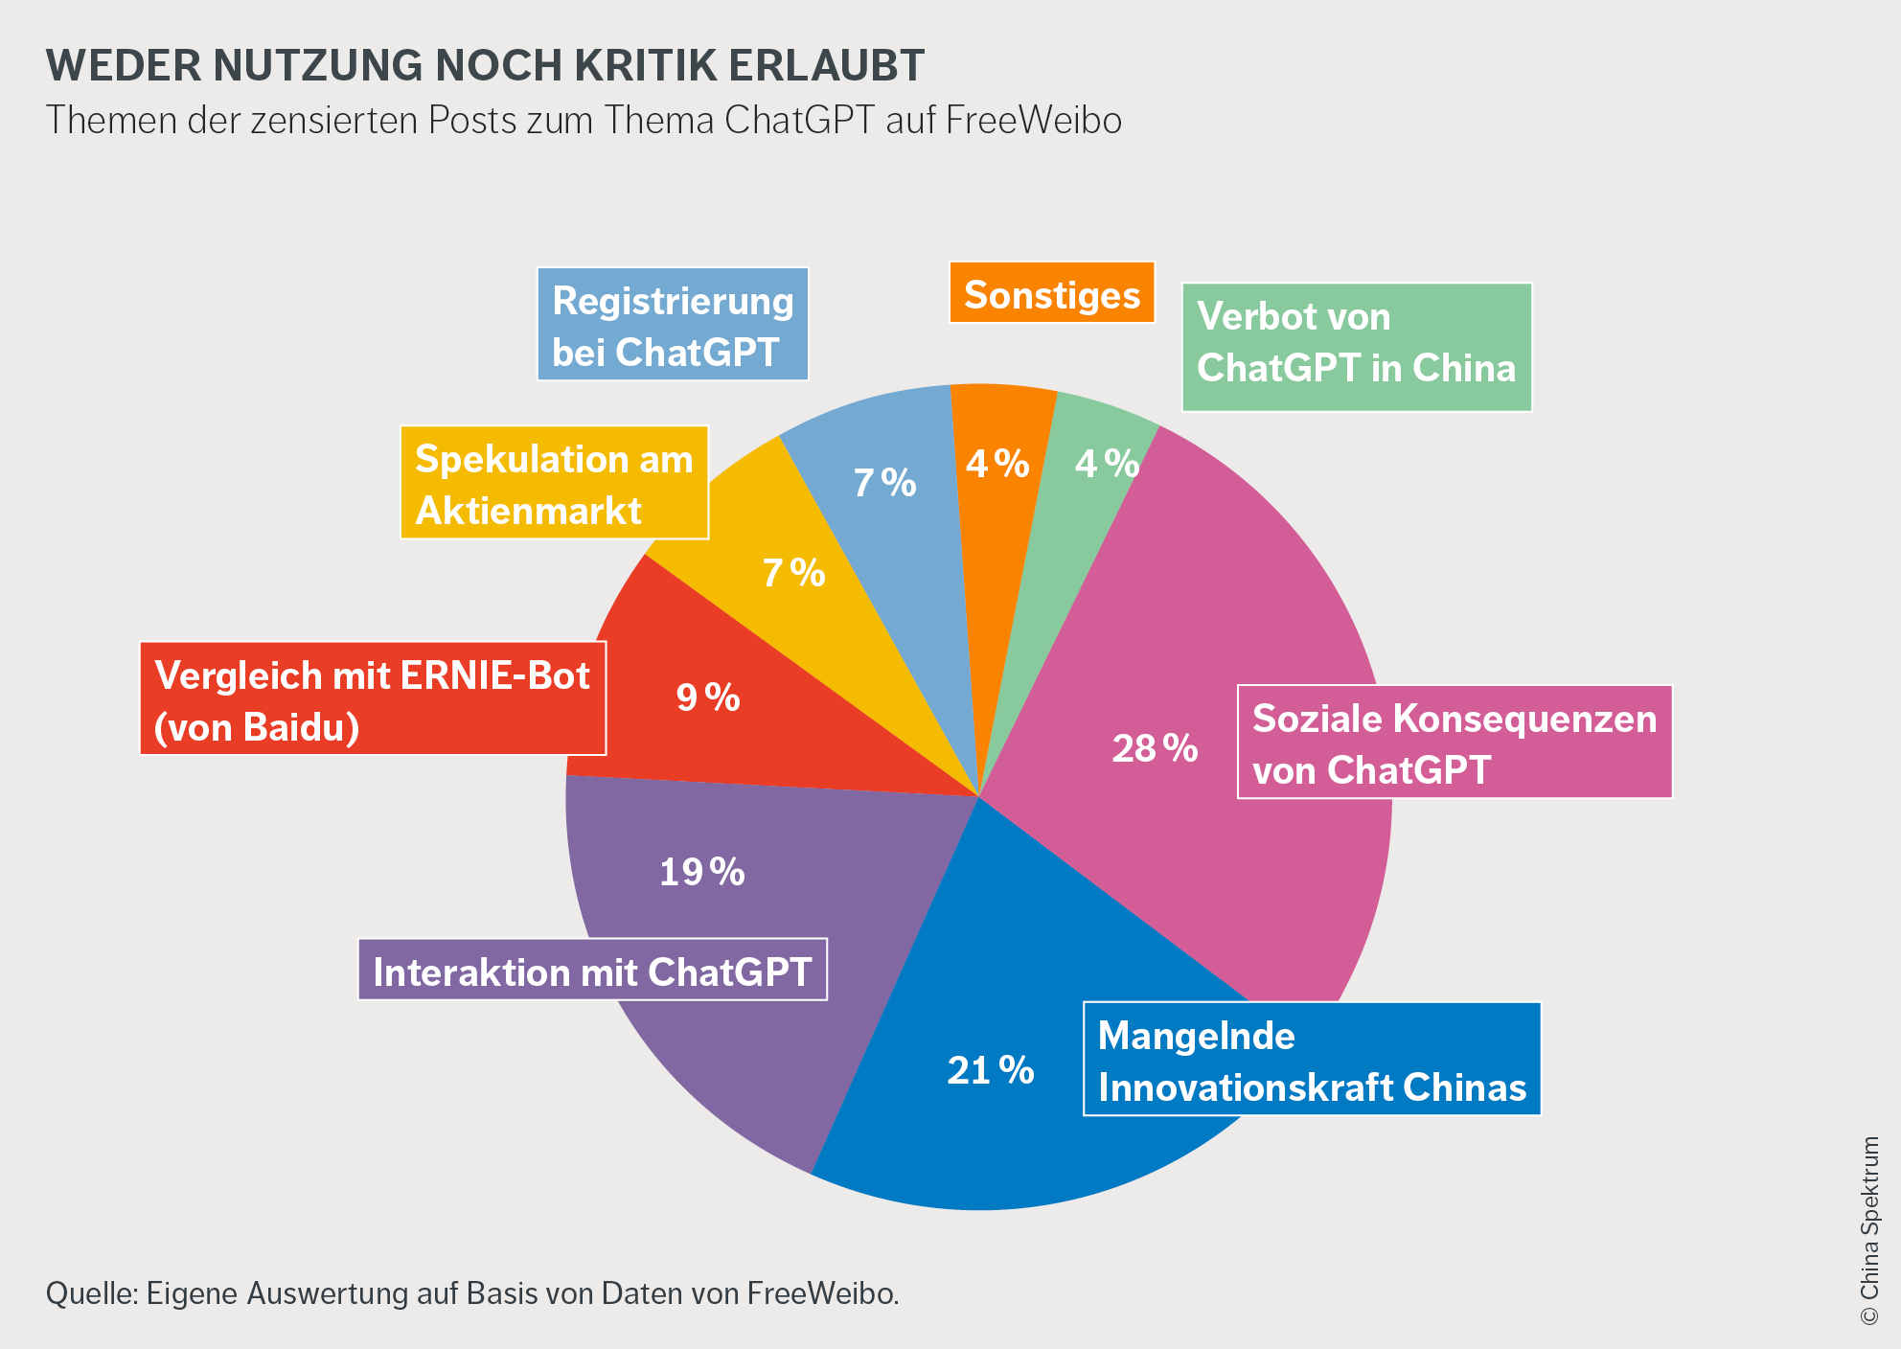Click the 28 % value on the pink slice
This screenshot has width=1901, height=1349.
[x=1155, y=748]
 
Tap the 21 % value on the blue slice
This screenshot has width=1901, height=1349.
[x=991, y=1070]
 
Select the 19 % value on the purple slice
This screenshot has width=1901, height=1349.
[x=702, y=872]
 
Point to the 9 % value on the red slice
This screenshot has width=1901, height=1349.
[x=708, y=697]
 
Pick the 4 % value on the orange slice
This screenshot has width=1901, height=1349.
[x=997, y=464]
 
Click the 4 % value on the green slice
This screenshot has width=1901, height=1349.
[x=1107, y=464]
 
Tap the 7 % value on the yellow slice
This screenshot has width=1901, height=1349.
[x=793, y=573]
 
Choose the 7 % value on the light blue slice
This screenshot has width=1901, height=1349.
[x=884, y=483]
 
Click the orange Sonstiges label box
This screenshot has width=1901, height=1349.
[x=1052, y=293]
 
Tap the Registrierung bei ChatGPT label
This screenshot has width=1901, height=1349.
[x=673, y=325]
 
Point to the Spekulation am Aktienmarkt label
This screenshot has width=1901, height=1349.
[x=554, y=483]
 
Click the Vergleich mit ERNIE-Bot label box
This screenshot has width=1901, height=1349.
[x=373, y=699]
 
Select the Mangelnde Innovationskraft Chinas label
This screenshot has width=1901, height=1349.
[x=1312, y=1060]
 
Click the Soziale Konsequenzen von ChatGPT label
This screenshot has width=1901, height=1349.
[x=1454, y=743]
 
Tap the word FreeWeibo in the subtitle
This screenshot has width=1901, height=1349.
[x=1033, y=121]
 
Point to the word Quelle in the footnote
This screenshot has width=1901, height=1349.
[x=92, y=1293]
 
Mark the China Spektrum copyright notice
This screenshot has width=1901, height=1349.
[x=1869, y=1231]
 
